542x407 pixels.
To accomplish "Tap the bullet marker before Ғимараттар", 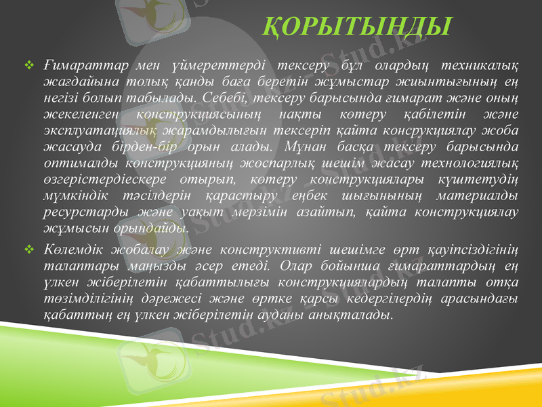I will [x=29, y=66].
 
